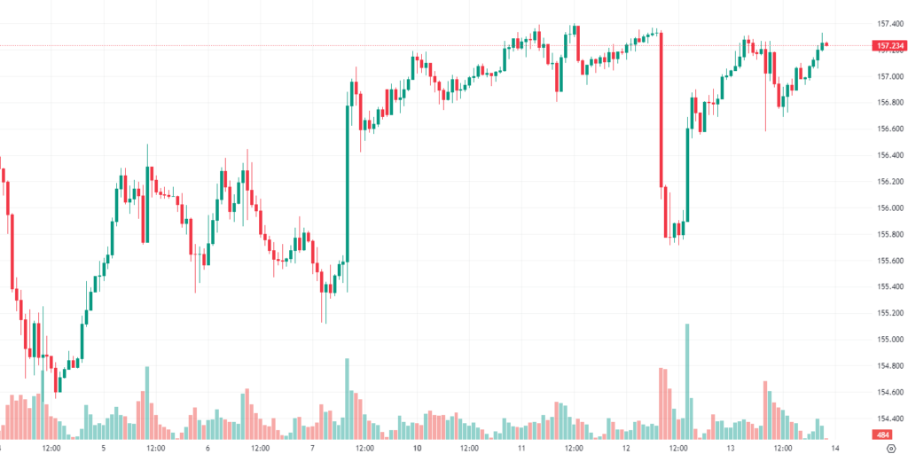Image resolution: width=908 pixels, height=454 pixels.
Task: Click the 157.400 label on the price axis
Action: click(x=887, y=24)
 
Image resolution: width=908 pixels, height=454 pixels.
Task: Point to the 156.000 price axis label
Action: click(x=887, y=208)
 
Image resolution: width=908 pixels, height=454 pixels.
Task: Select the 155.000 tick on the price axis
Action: click(x=887, y=340)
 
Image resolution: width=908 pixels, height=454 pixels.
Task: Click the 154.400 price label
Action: click(x=887, y=419)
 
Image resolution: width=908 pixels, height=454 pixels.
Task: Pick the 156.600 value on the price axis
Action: click(x=887, y=129)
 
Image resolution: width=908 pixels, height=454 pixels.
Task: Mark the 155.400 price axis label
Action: click(x=887, y=287)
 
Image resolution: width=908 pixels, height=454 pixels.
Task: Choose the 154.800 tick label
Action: click(x=887, y=366)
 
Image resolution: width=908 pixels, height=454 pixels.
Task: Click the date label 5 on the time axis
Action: click(x=104, y=448)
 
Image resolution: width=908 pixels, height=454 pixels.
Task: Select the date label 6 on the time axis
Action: click(x=207, y=448)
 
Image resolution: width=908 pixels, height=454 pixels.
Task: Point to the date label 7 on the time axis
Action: click(x=312, y=448)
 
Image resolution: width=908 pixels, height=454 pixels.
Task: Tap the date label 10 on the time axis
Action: click(x=417, y=448)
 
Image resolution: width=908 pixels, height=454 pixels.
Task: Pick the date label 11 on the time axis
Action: click(x=522, y=448)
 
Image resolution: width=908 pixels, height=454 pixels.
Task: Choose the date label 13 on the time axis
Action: click(x=730, y=448)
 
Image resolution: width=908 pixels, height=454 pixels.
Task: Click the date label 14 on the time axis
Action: click(x=834, y=448)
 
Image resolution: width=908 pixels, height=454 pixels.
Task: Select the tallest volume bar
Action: click(x=687, y=381)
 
